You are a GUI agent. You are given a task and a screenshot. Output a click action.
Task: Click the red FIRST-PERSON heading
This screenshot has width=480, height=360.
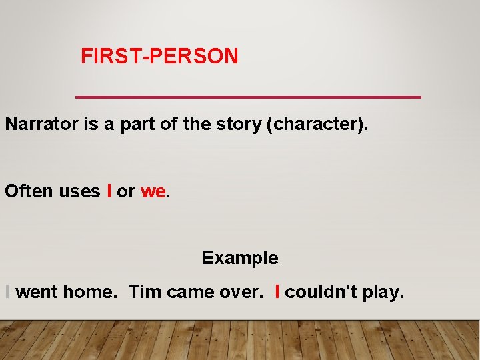159,57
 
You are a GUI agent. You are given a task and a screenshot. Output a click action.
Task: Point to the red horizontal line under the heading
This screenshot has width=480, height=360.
249,97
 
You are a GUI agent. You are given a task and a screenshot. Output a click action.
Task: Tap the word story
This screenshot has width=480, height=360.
238,125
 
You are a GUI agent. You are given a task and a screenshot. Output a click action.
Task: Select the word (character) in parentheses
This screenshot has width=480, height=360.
317,125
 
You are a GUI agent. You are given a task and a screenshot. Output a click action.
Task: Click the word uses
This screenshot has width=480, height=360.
79,191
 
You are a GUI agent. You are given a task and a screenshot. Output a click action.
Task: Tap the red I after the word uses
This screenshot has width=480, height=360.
109,191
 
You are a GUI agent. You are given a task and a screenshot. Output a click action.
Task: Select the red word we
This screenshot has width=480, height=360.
153,191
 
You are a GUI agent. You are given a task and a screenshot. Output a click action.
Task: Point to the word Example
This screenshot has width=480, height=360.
240,257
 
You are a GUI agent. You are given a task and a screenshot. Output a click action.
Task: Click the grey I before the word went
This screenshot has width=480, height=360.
7,292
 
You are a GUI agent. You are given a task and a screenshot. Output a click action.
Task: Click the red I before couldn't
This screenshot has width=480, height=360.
277,292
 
